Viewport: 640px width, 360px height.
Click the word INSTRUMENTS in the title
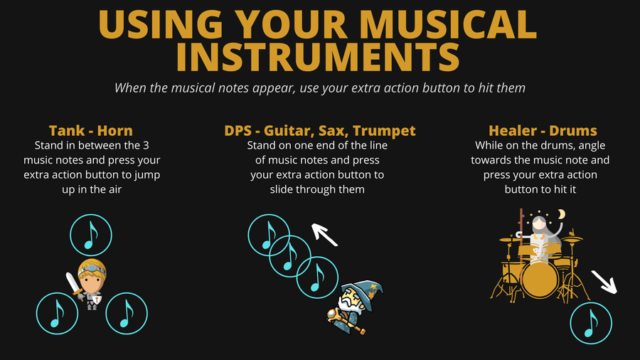(x=318, y=57)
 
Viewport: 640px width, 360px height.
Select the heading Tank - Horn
(x=90, y=131)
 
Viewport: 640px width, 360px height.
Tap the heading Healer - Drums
(x=543, y=131)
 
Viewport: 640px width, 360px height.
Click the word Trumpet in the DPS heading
(x=384, y=131)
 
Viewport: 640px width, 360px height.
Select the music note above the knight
(x=90, y=235)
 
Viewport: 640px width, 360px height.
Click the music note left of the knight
(x=57, y=314)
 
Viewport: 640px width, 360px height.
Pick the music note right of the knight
(x=127, y=314)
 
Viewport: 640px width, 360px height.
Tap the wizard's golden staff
(x=346, y=320)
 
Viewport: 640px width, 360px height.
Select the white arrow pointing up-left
(x=324, y=235)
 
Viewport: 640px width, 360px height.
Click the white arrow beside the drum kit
(x=604, y=282)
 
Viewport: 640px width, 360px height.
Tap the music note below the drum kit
(x=591, y=323)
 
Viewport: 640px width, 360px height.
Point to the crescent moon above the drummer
(x=562, y=214)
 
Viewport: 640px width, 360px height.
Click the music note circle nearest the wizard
(x=317, y=277)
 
